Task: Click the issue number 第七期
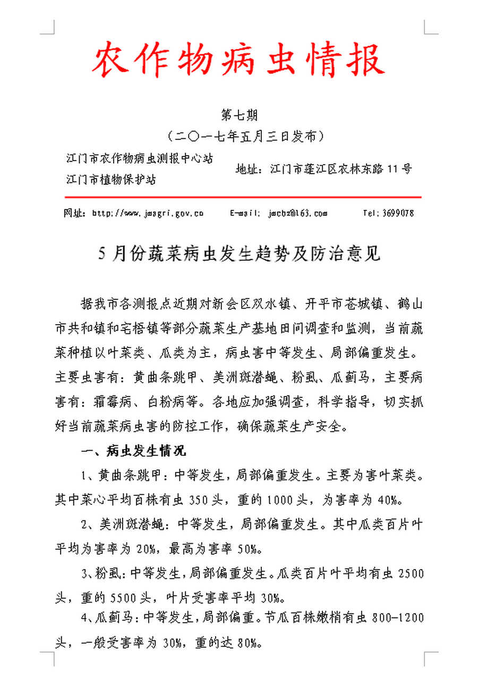(x=238, y=114)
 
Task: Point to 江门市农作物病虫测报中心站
(x=140, y=158)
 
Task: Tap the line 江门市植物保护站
(x=111, y=180)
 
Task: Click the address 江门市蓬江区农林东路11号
(x=340, y=170)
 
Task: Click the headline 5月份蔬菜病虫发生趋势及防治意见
(x=240, y=255)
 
